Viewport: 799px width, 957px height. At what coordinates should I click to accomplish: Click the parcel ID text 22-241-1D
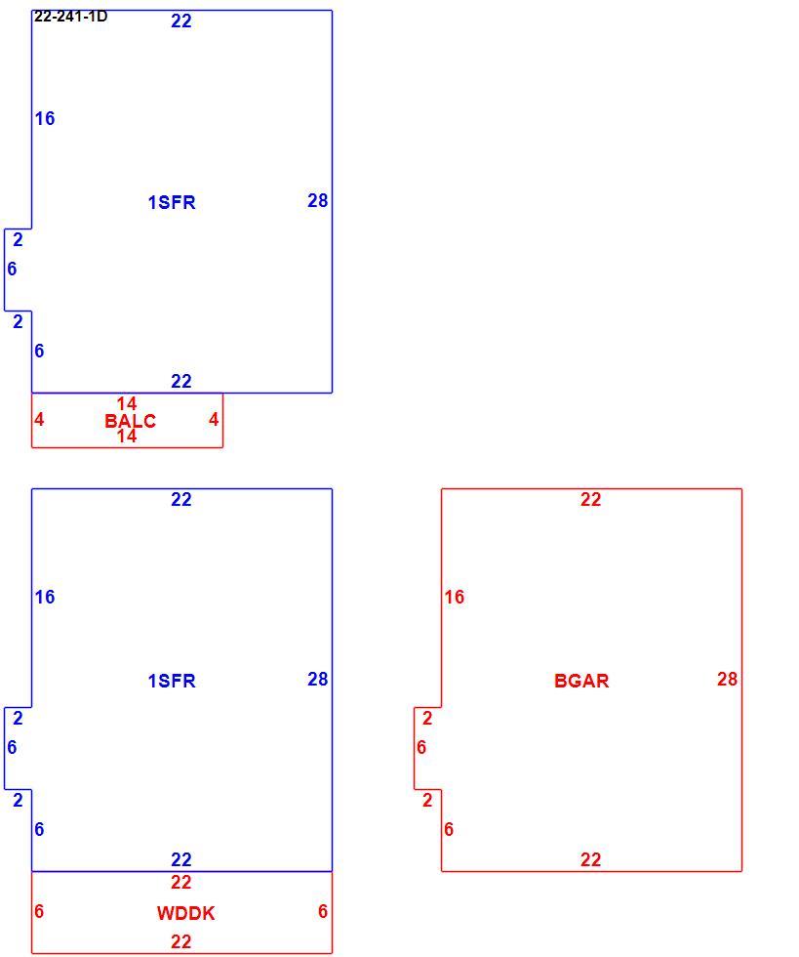pos(71,17)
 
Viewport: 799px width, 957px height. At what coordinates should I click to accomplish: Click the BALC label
pos(130,421)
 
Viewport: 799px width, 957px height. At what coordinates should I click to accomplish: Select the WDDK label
pos(185,913)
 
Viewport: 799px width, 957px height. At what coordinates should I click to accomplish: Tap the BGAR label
pos(581,681)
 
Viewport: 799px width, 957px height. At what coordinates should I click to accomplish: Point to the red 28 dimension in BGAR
pos(727,679)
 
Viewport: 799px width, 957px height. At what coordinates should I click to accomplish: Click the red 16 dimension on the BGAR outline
pos(455,597)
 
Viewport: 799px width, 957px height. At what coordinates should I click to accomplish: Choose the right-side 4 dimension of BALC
pos(214,419)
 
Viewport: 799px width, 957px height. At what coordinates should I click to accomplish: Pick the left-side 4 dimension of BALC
pos(39,419)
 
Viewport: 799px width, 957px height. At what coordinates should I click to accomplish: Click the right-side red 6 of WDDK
pos(323,911)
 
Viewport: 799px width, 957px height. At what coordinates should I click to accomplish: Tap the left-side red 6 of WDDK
pos(39,911)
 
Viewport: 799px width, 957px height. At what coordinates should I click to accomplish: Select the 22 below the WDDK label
pos(181,941)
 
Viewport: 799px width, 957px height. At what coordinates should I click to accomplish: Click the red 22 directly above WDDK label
pos(181,882)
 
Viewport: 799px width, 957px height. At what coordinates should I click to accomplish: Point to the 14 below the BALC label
pos(127,436)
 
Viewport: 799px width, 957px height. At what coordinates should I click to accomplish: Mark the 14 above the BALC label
pos(127,403)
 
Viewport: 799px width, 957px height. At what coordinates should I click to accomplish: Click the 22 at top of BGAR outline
pos(590,499)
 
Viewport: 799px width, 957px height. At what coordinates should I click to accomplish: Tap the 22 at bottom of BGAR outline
pos(590,859)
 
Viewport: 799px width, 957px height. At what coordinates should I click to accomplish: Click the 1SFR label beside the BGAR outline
pos(172,681)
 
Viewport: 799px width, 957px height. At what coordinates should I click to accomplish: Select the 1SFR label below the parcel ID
pos(172,202)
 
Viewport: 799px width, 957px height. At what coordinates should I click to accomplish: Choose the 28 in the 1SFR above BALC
pos(318,200)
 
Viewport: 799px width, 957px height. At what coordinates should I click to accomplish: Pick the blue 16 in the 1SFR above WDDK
pos(45,597)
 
